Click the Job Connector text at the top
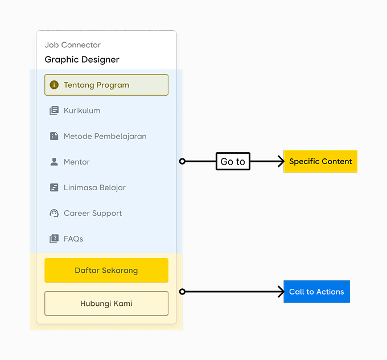pyautogui.click(x=72, y=45)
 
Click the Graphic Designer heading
pyautogui.click(x=82, y=59)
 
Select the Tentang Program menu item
pyautogui.click(x=106, y=85)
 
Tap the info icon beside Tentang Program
pyautogui.click(x=54, y=85)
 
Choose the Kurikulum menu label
pyautogui.click(x=82, y=111)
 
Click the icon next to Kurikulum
pyautogui.click(x=54, y=111)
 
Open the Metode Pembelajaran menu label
pyautogui.click(x=105, y=136)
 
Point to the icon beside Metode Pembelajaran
pyautogui.click(x=54, y=136)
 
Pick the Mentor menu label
pyautogui.click(x=77, y=162)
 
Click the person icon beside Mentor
pyautogui.click(x=54, y=162)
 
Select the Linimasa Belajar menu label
pyautogui.click(x=94, y=187)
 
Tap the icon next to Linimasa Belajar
pyautogui.click(x=54, y=187)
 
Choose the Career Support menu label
pyautogui.click(x=93, y=213)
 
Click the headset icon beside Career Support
pyautogui.click(x=54, y=213)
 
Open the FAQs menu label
pyautogui.click(x=73, y=239)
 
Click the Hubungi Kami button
pyautogui.click(x=106, y=304)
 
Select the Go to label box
pyautogui.click(x=233, y=162)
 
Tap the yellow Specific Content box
pyautogui.click(x=320, y=161)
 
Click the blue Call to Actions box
pyautogui.click(x=316, y=292)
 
